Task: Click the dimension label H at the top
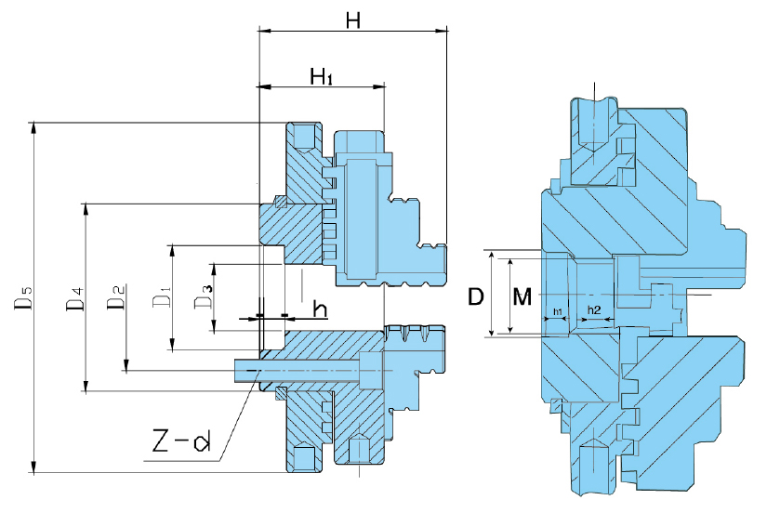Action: click(352, 19)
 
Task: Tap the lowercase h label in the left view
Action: click(319, 309)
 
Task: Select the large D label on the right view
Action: click(475, 296)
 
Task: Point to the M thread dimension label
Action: click(522, 296)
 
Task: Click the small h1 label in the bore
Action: click(557, 309)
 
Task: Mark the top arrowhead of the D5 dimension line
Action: click(35, 127)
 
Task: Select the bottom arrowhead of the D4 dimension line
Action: click(86, 387)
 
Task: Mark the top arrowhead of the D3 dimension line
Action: click(215, 269)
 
